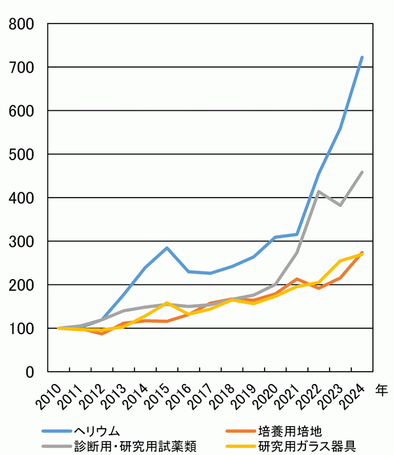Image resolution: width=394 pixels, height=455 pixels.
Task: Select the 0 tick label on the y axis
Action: click(x=30, y=372)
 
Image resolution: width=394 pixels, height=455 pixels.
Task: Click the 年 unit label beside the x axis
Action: click(x=381, y=390)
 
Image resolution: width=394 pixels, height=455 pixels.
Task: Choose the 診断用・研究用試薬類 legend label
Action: click(x=135, y=446)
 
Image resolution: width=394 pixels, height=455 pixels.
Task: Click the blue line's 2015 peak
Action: click(x=167, y=248)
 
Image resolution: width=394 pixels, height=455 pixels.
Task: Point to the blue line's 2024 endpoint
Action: click(x=362, y=57)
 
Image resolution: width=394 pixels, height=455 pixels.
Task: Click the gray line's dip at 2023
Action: click(x=340, y=205)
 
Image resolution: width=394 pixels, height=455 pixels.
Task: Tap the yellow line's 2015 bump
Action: click(x=167, y=303)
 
